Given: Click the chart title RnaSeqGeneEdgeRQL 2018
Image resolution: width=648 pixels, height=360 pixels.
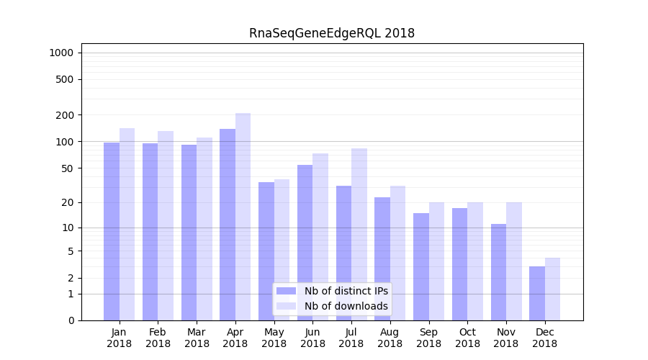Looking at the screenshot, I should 331,33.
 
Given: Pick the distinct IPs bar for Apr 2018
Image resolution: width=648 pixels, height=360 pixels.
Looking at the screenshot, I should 228,224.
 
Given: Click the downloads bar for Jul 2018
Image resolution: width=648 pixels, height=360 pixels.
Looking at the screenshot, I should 359,234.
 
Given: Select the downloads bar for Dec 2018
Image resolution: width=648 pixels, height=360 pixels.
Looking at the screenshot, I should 552,289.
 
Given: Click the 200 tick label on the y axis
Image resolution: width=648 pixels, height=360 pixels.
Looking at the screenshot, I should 66,115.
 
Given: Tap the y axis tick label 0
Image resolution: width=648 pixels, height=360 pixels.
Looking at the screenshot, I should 71,320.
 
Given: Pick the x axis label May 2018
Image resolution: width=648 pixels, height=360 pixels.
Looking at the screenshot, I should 274,338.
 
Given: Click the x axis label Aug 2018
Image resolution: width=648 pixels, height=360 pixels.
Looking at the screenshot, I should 390,338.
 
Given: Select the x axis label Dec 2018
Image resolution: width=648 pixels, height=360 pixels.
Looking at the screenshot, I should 544,338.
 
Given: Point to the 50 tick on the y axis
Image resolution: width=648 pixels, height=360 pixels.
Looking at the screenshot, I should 68,168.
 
